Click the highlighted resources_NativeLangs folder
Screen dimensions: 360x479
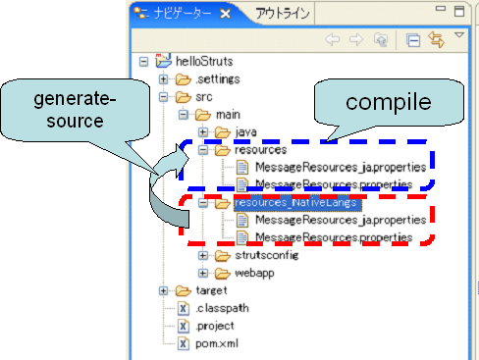click(293, 203)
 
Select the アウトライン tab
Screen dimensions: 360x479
click(283, 14)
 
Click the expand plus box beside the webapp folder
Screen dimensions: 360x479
click(202, 274)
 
